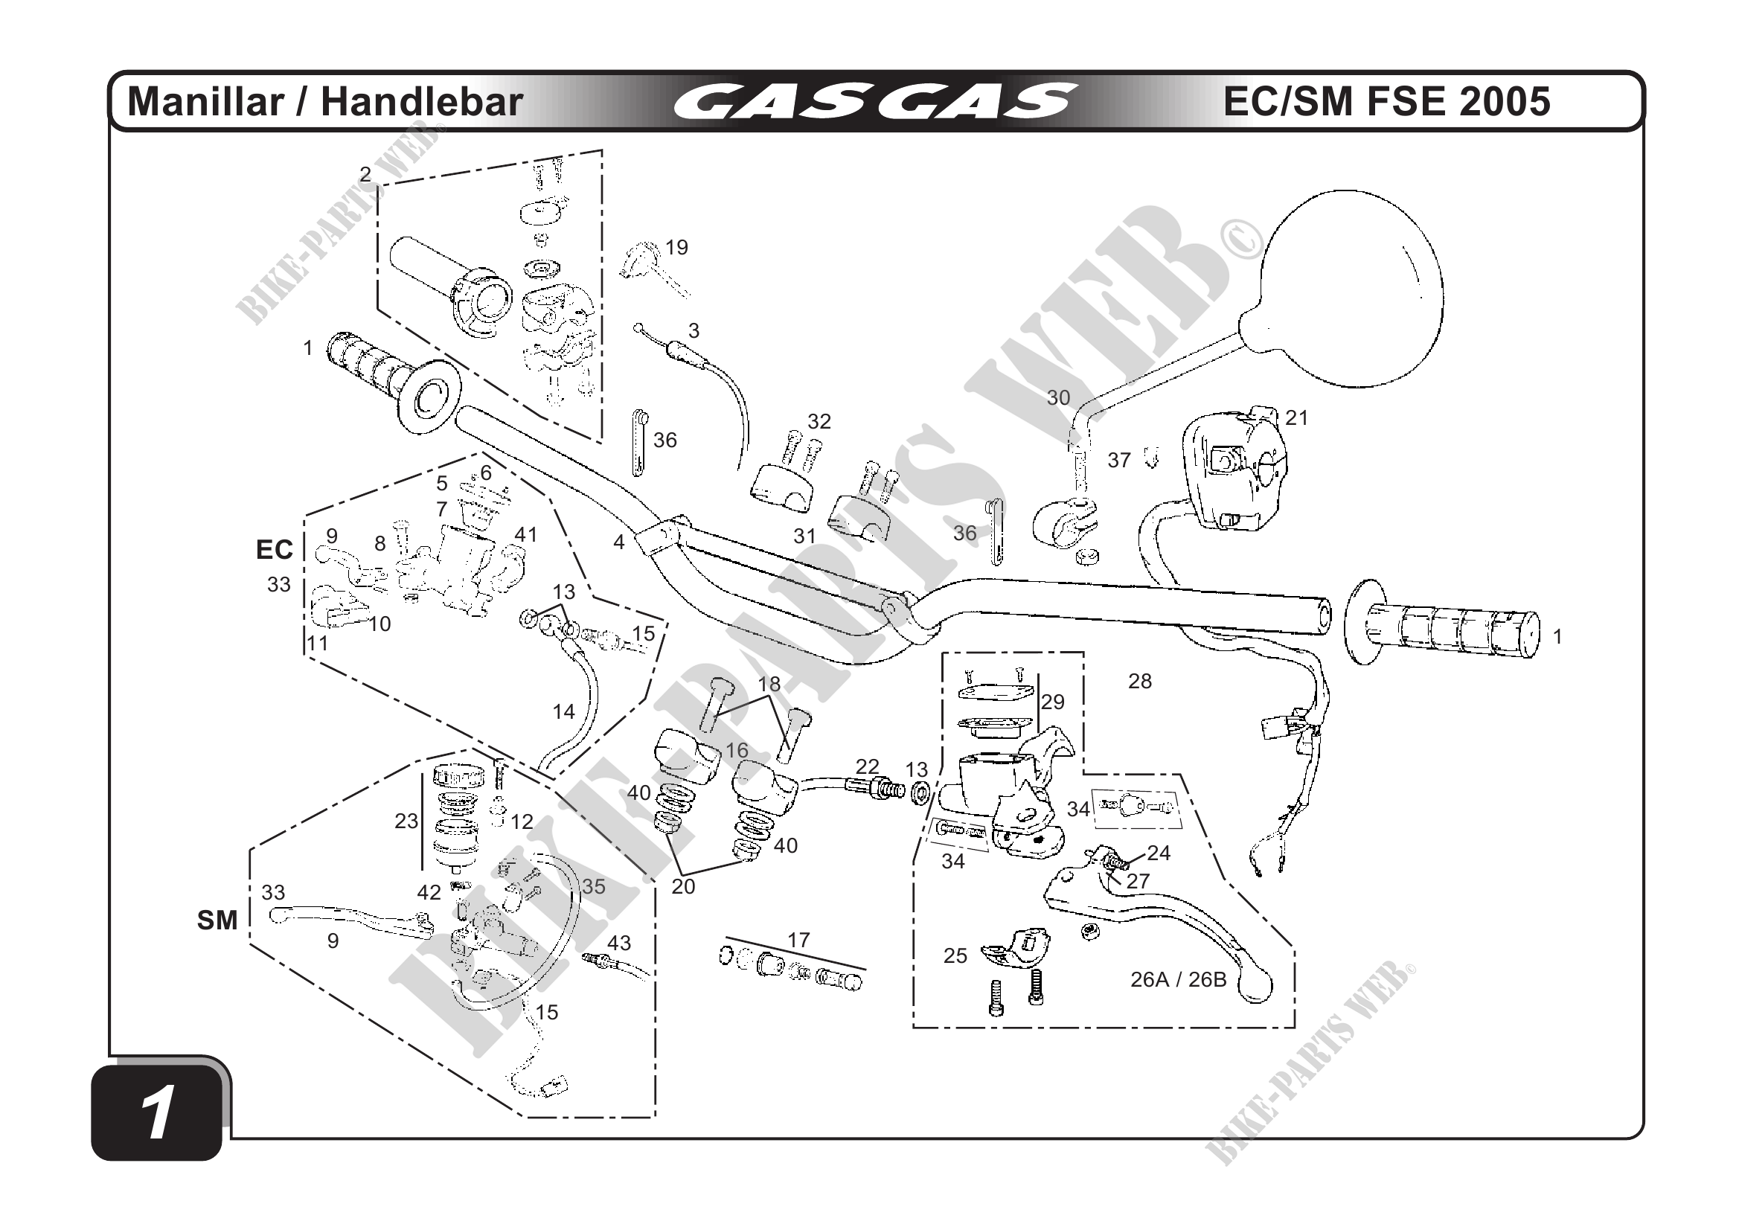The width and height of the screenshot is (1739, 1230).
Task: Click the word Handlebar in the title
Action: tap(422, 102)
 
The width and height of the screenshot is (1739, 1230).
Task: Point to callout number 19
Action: tap(676, 248)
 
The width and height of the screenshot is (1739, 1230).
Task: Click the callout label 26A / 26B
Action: tap(1178, 979)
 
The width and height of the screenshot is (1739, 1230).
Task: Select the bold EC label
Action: tap(274, 549)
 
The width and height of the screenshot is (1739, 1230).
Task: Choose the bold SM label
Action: tap(217, 920)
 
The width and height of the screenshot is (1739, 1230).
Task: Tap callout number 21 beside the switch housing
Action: tap(1297, 417)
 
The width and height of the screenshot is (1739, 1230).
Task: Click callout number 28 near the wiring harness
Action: tap(1139, 681)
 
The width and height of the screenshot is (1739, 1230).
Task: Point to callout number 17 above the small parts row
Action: tap(798, 940)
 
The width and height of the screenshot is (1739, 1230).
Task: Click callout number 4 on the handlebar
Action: tap(619, 542)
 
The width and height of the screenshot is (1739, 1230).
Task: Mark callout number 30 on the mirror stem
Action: tap(1058, 397)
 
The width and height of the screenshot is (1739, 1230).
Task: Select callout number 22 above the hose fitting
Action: tap(867, 766)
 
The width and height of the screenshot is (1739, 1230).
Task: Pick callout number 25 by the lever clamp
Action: tap(955, 956)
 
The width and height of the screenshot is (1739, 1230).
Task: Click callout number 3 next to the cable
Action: tap(694, 330)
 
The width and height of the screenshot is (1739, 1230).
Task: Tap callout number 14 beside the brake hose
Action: tap(563, 711)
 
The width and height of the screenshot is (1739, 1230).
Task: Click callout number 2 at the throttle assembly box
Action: tap(365, 175)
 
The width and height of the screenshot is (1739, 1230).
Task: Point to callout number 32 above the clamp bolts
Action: tap(819, 421)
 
